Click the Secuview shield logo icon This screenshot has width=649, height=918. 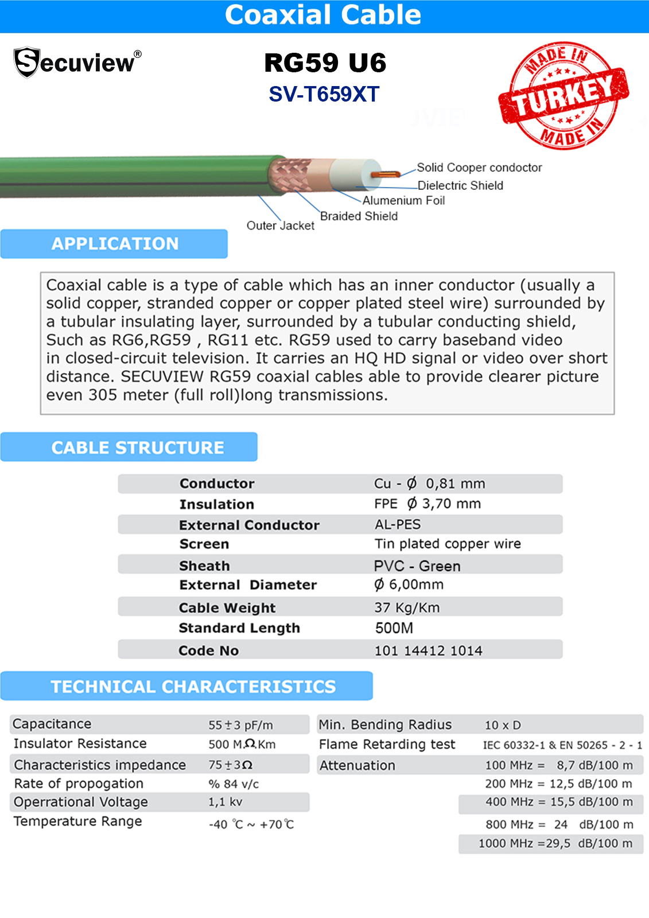click(x=26, y=62)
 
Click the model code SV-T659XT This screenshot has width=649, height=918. click(x=324, y=95)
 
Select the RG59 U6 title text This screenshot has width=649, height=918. click(x=325, y=63)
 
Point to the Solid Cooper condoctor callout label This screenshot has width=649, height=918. click(x=479, y=168)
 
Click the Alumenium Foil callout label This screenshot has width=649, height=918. click(x=403, y=200)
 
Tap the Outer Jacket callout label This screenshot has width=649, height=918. click(x=280, y=225)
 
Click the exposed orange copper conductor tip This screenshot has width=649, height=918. click(x=385, y=174)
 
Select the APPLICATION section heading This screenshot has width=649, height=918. click(x=115, y=244)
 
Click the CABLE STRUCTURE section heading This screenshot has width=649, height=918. click(x=138, y=448)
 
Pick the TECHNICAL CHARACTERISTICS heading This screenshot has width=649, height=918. click(x=193, y=686)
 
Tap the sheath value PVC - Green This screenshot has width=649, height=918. click(x=417, y=566)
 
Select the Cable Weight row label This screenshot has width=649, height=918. click(x=227, y=608)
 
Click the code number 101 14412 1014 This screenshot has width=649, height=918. click(x=428, y=651)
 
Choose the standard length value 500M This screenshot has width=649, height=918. click(x=394, y=628)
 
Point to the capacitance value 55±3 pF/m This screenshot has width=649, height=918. click(x=240, y=725)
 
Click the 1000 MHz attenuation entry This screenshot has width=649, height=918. click(x=555, y=843)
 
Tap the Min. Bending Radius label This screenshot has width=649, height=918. click(x=385, y=725)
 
